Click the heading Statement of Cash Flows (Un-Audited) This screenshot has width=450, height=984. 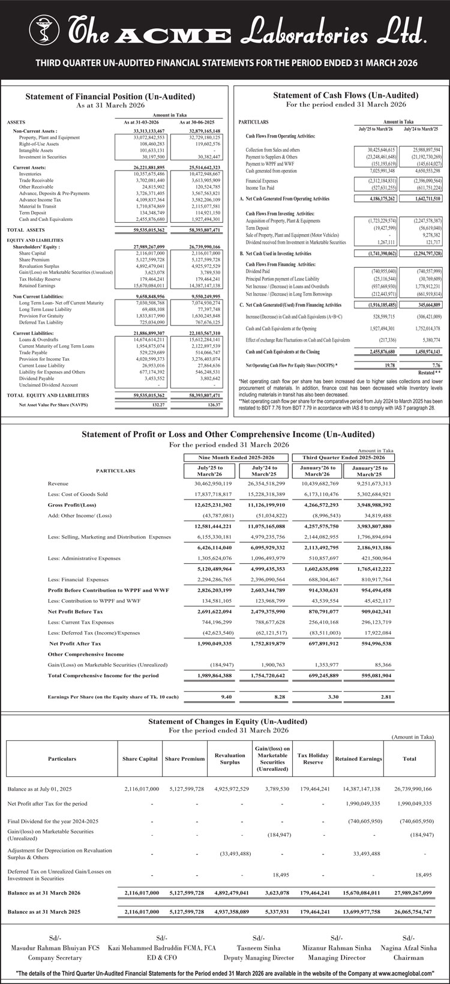point(346,95)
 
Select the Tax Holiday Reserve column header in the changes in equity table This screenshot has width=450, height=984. point(313,759)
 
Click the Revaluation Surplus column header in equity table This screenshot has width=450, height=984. point(230,759)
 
